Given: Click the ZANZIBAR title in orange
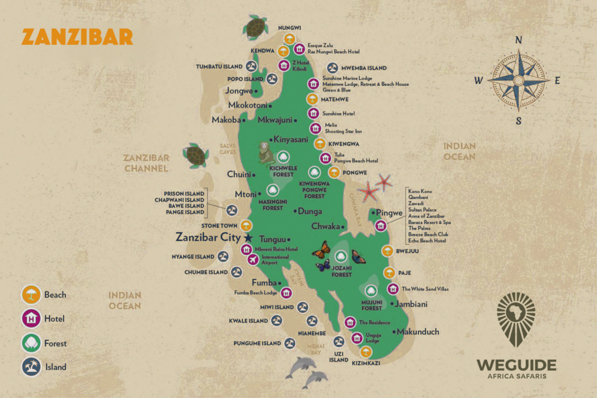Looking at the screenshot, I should coord(77,37).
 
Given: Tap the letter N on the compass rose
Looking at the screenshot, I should coord(518,40).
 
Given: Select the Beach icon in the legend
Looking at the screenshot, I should coord(31,295).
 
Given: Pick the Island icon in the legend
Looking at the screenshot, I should coord(31,367).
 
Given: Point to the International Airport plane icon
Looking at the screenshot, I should coord(253,260).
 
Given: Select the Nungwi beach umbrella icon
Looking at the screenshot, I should coord(290,40).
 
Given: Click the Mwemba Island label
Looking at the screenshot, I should coord(364,68).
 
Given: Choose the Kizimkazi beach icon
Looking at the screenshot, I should coord(366,351).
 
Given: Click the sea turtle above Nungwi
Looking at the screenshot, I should coord(255,26).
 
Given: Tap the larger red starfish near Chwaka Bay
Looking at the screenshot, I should coord(368,191).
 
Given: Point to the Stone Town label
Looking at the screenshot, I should coord(219,225).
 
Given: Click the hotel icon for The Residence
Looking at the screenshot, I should coord(350,322).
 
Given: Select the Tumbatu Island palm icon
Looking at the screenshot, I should coord(252,66).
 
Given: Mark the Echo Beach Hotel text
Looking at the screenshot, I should coord(427,240).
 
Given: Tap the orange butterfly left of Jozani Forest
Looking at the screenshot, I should coord(321,250).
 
